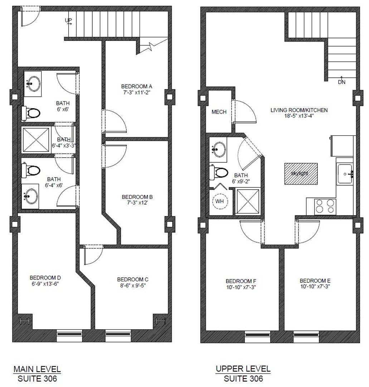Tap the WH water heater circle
pyautogui.click(x=219, y=201)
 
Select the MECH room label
pyautogui.click(x=219, y=112)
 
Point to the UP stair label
pyautogui.click(x=68, y=21)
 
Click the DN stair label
pyautogui.click(x=342, y=82)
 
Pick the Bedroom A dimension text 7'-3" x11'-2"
pyautogui.click(x=137, y=92)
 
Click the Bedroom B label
pyautogui.click(x=137, y=197)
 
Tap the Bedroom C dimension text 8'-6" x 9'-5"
pyautogui.click(x=132, y=286)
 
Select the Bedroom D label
pyautogui.click(x=45, y=278)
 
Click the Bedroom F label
pyautogui.click(x=241, y=281)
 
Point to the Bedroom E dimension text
pyautogui.click(x=315, y=287)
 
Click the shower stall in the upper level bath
pyautogui.click(x=248, y=202)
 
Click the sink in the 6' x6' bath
pyautogui.click(x=33, y=84)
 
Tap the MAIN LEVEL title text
pyautogui.click(x=37, y=369)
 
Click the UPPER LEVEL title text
pyautogui.click(x=243, y=369)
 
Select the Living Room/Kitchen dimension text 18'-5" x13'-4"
pyautogui.click(x=299, y=116)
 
